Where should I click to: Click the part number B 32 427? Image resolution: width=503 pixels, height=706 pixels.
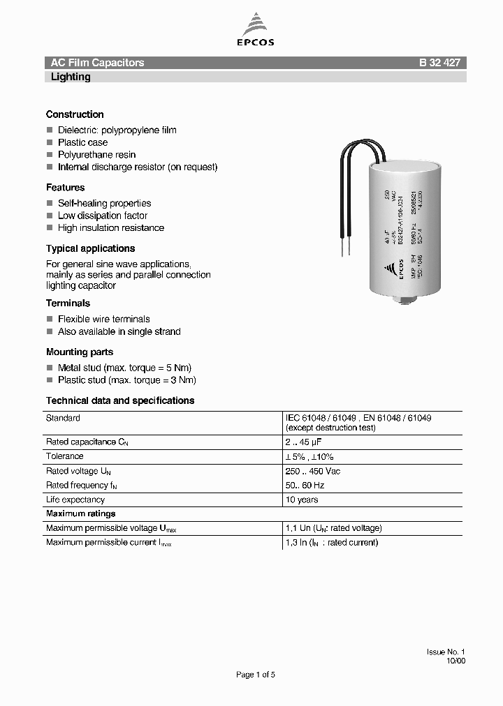click(x=439, y=63)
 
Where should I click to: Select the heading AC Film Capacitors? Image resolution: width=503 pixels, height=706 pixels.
click(x=97, y=63)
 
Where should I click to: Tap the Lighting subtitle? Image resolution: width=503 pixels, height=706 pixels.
click(x=71, y=77)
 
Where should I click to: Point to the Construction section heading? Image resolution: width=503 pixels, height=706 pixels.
click(x=75, y=114)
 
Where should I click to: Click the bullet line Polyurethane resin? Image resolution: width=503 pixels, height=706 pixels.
click(x=96, y=155)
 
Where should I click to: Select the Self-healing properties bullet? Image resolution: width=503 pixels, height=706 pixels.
click(x=104, y=203)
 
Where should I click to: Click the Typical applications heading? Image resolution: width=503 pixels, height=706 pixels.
click(x=90, y=248)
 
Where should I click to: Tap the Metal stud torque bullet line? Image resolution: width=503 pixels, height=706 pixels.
click(x=124, y=368)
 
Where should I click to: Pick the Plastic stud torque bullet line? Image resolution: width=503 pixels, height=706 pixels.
click(x=126, y=380)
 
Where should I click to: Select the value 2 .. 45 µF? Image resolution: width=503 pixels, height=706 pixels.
click(x=303, y=442)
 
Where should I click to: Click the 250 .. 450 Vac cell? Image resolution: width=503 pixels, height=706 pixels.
click(x=313, y=472)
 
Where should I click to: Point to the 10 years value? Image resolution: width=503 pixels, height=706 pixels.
click(x=302, y=500)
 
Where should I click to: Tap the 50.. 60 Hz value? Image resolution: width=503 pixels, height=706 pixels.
click(x=305, y=486)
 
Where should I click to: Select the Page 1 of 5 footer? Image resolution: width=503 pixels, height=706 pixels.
click(x=256, y=675)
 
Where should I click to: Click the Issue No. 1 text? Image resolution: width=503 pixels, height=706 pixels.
click(x=446, y=652)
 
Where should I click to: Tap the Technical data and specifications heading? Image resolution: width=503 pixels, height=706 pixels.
click(x=120, y=400)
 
